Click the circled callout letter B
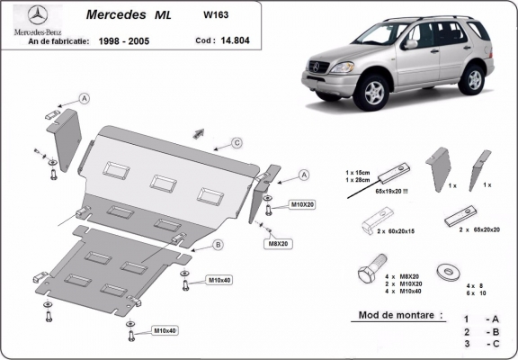218,244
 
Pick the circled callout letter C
237,142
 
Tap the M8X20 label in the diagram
277,243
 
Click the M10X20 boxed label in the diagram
301,205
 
